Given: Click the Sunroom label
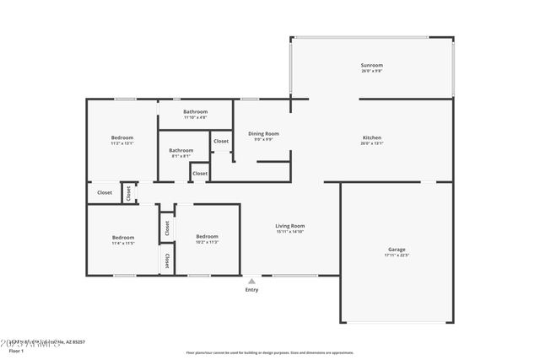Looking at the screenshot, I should [x=371, y=65].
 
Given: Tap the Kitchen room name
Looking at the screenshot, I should [x=372, y=137].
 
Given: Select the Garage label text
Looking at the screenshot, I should [x=397, y=249].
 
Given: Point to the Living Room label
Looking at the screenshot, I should [x=289, y=225].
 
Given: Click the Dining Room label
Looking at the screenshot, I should [x=263, y=133].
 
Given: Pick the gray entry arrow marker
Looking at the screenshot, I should [x=251, y=281].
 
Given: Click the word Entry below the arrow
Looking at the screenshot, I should [x=251, y=290].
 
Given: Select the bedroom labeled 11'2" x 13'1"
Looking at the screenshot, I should [x=122, y=137].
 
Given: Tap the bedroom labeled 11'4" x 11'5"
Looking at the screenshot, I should [x=123, y=238].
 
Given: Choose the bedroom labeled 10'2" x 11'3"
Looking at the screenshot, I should [x=207, y=236].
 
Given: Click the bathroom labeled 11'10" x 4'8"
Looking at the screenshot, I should [x=195, y=111].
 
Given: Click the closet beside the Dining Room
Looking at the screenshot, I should [x=220, y=141].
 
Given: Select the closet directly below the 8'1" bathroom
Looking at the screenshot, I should [x=199, y=174].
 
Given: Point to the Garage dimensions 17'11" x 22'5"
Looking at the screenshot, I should [x=397, y=255].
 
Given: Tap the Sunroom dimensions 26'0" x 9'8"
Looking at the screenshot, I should [x=371, y=71].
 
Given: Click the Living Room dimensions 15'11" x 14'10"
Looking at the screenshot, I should [x=289, y=231].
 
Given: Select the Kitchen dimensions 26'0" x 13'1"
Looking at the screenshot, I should [x=372, y=142].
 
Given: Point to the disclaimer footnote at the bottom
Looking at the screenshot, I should [x=270, y=352].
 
